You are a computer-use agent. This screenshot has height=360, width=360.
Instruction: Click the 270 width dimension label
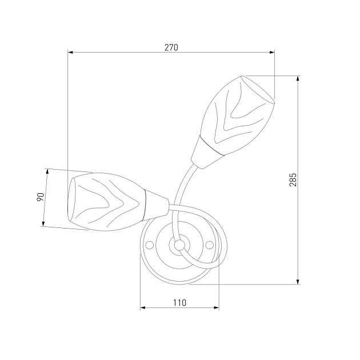tap(171, 47)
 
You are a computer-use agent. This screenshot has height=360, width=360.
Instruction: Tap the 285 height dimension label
tap(293, 180)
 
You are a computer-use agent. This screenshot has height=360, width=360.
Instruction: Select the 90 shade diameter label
tap(40, 197)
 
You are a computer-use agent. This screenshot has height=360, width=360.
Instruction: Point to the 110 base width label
tap(179, 303)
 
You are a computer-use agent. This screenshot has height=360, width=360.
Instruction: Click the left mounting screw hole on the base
tap(150, 245)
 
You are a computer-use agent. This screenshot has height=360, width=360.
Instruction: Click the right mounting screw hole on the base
tap(209, 245)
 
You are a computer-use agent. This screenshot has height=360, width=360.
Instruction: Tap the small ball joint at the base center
tap(179, 245)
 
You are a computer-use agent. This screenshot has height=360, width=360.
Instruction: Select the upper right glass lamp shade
tap(237, 115)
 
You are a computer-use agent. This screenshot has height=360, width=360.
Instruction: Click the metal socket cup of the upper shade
tap(207, 153)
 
